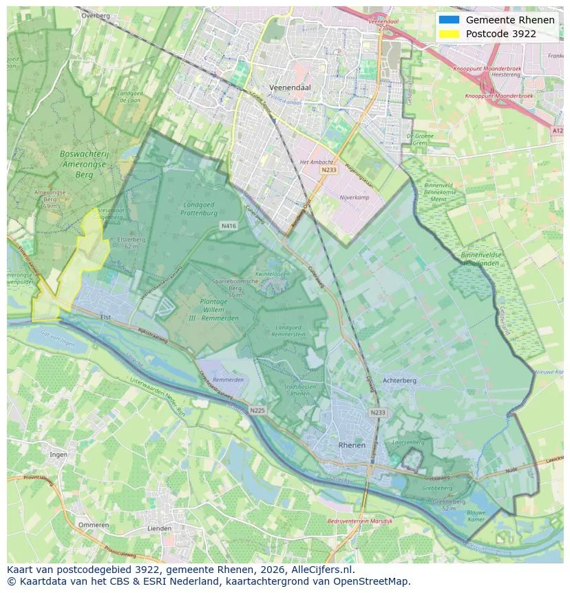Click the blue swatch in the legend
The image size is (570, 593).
coord(449,20)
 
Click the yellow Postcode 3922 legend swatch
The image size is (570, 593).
coord(449,34)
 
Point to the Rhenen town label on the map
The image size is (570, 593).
coord(352,446)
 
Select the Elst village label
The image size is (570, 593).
coord(105,317)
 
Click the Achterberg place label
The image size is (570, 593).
coord(399,380)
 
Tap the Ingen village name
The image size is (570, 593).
coord(59,454)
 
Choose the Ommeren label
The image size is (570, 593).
coord(93,525)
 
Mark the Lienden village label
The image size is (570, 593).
coord(160,528)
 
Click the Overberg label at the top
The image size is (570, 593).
coord(95,14)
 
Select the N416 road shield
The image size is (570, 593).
coord(229,225)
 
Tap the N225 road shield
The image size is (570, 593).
coord(257,410)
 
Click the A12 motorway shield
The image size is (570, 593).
coord(557,129)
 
